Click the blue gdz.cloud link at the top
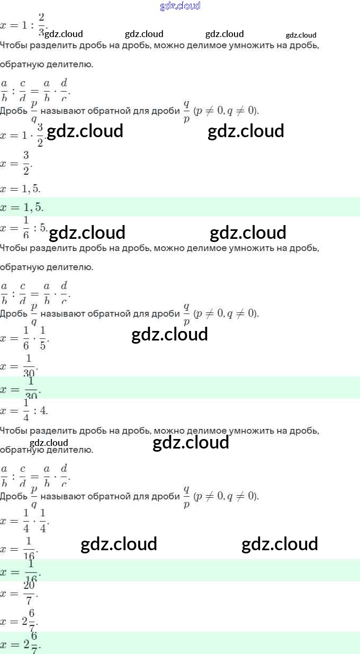point(180,6)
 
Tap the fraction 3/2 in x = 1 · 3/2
point(40,136)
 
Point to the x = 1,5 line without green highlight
point(21,189)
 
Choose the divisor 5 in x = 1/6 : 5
point(43,229)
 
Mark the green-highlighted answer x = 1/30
point(21,389)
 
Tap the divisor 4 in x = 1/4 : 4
point(43,410)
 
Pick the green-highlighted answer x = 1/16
point(21,571)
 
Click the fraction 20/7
point(30,594)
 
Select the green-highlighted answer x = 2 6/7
point(21,644)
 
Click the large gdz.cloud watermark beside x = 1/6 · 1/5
point(169,335)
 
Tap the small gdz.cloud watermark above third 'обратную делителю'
point(49,443)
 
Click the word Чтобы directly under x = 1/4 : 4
point(13,431)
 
